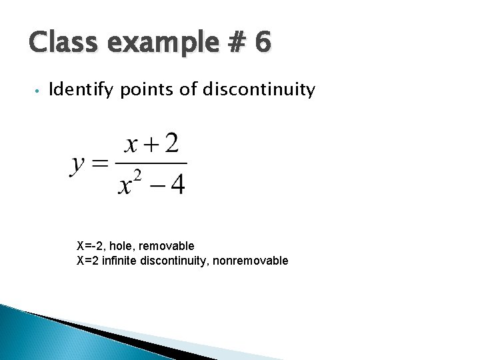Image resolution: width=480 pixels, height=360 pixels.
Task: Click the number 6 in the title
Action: (262, 43)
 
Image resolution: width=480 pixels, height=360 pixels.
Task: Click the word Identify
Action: (82, 89)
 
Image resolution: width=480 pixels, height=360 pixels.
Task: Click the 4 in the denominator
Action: (177, 183)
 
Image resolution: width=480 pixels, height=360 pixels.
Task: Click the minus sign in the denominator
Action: (155, 184)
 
